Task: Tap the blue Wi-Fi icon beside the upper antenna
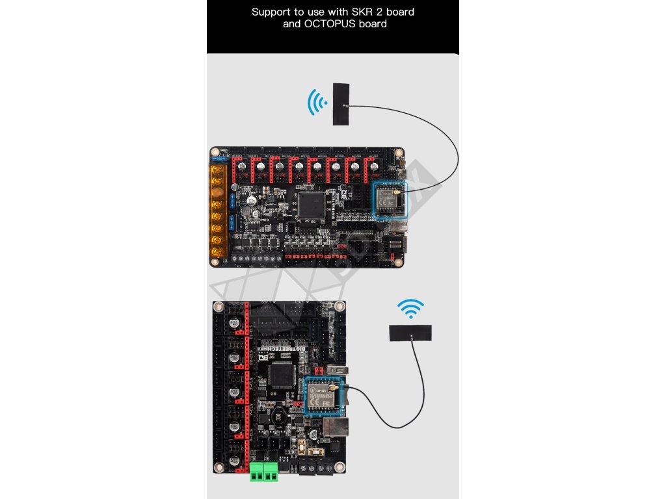317,103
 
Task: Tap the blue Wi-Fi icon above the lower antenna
410,309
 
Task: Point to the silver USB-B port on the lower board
335,429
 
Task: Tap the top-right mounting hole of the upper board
398,154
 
